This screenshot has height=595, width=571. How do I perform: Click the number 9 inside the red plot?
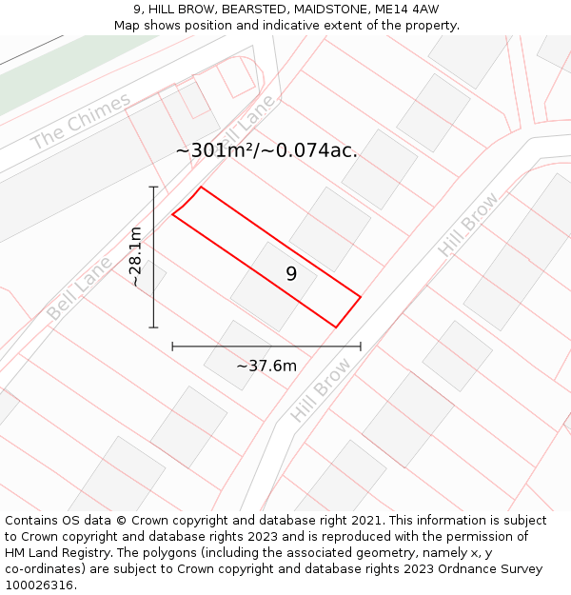point(291,274)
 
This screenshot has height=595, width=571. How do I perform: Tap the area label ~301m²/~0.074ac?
point(266,150)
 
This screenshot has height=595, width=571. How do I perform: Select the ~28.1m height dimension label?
point(136,257)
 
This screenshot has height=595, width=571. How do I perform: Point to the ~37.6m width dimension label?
point(266,366)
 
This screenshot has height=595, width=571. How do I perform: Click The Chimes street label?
point(81,122)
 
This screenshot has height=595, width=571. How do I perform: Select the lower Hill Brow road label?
point(322,390)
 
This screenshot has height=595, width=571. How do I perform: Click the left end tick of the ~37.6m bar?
point(172,347)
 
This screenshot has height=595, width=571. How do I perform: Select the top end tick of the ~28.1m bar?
point(153,188)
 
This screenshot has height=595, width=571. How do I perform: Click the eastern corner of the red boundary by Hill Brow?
point(360,297)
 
